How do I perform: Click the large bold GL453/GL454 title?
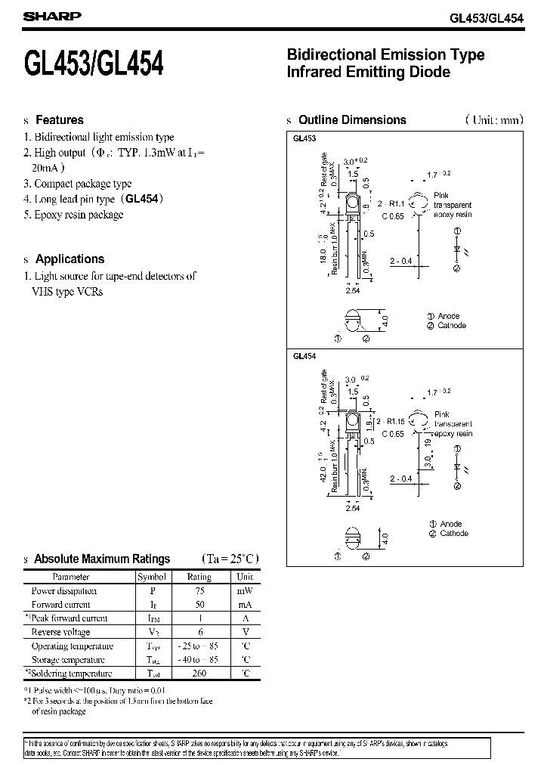(94, 64)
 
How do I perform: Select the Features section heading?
(60, 120)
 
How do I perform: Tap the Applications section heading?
(70, 259)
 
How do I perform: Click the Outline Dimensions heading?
(352, 120)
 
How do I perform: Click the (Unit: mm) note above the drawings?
(493, 120)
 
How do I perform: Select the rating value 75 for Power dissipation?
(199, 591)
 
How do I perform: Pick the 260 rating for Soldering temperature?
(199, 674)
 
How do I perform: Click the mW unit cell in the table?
(244, 591)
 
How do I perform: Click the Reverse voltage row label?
(60, 632)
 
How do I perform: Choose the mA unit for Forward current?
(244, 605)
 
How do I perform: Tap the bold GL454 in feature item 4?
(141, 199)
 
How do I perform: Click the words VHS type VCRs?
(67, 291)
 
